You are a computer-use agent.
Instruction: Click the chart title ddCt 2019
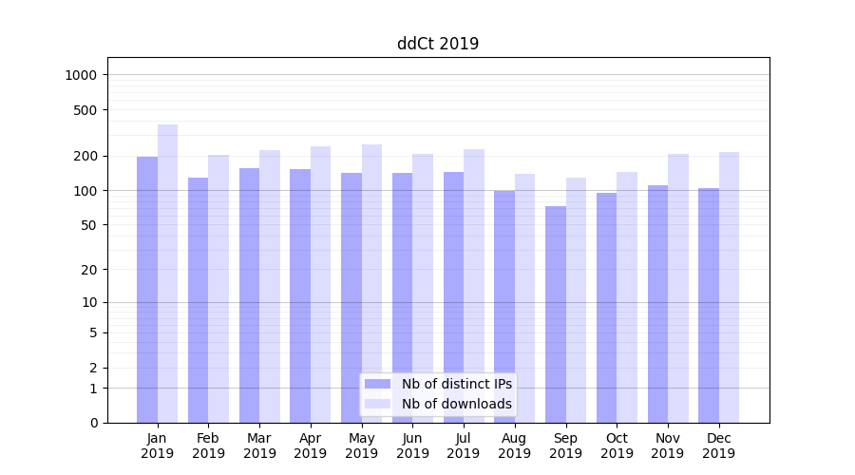point(438,44)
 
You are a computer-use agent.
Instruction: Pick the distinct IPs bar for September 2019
point(556,314)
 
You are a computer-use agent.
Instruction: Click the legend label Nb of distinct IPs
point(457,384)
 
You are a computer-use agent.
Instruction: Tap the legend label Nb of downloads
point(457,404)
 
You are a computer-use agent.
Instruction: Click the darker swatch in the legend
point(378,384)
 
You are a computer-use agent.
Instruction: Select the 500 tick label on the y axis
point(86,110)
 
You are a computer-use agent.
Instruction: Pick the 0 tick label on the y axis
point(93,423)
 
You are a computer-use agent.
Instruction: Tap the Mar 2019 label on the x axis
point(259,446)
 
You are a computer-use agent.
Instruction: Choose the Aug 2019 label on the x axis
point(515,446)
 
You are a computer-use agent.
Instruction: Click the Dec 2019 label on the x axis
point(718,446)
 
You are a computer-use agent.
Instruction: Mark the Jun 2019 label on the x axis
point(412,446)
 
